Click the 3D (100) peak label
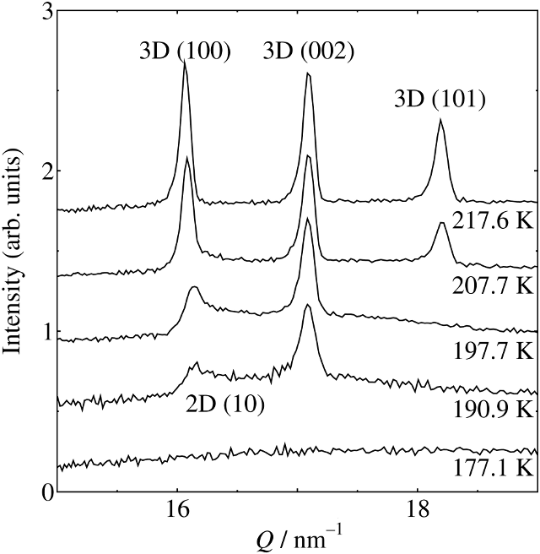click(184, 51)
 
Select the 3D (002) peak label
click(308, 51)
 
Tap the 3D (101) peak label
click(440, 100)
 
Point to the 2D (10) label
click(225, 404)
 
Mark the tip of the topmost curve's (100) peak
click(185, 62)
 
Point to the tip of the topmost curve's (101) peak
click(440, 120)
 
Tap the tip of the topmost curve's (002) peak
click(308, 73)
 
